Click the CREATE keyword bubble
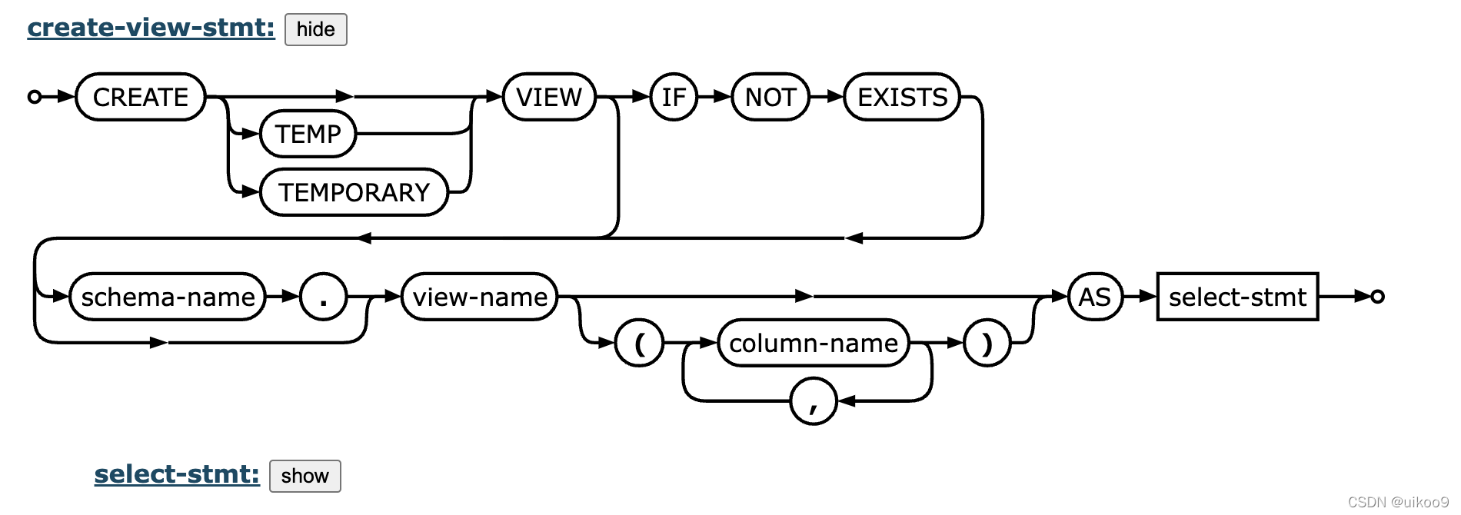click(141, 97)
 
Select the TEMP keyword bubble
click(308, 134)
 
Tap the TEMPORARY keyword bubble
click(354, 192)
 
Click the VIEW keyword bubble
click(549, 97)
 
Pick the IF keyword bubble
click(674, 97)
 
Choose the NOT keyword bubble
click(770, 97)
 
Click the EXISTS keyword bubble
click(902, 97)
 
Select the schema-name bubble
click(168, 297)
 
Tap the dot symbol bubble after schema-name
click(323, 297)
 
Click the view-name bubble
click(480, 297)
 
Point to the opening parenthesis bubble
click(639, 343)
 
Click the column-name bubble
click(813, 343)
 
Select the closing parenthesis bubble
click(987, 343)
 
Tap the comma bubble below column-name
click(813, 401)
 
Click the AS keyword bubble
click(1095, 297)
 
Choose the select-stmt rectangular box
click(1237, 297)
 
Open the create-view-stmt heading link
click(151, 28)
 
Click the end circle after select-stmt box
click(1377, 297)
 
